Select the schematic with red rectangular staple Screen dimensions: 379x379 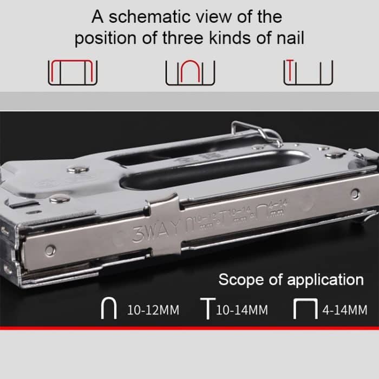pyautogui.click(x=73, y=72)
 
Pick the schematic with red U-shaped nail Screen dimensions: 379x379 pyautogui.click(x=190, y=72)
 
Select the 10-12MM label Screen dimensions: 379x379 pyautogui.click(x=153, y=311)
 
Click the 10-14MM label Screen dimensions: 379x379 pyautogui.click(x=241, y=311)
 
